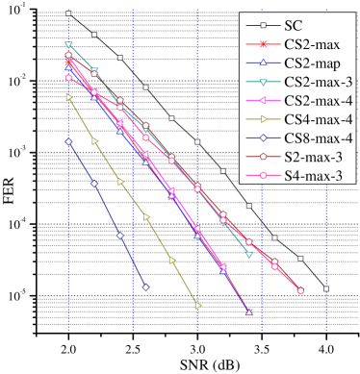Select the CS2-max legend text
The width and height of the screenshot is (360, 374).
(313, 44)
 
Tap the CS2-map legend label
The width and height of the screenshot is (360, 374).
(313, 62)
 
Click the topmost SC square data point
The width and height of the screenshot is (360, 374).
(68, 13)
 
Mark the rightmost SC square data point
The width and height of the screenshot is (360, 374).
(326, 288)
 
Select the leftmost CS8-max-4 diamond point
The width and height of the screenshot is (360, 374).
(68, 141)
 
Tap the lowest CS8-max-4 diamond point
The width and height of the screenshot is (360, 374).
(145, 287)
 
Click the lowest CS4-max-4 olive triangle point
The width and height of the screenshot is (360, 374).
(197, 306)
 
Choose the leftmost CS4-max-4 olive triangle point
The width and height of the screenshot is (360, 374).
(68, 97)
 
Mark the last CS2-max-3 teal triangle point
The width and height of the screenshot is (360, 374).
(249, 255)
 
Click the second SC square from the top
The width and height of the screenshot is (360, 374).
(94, 35)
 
